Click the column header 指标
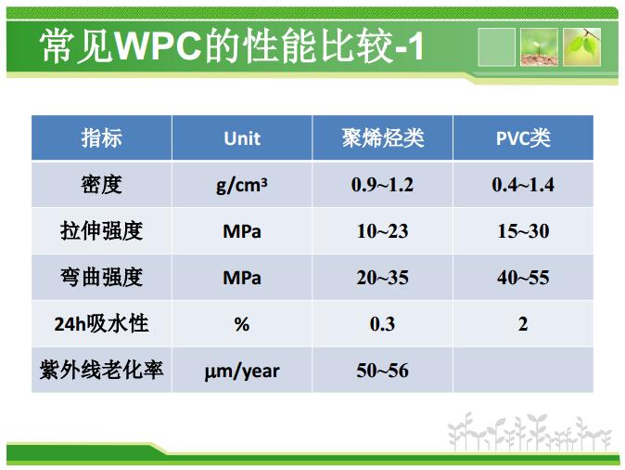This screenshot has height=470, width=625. click(102, 138)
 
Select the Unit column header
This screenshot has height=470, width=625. click(242, 138)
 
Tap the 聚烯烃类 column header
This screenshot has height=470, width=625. click(383, 138)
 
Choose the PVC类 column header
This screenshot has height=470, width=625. click(523, 138)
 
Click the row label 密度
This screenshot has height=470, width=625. click(102, 185)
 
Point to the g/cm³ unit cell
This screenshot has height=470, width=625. click(242, 185)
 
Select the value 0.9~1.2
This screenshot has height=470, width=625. click(382, 185)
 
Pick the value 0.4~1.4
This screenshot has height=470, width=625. click(523, 185)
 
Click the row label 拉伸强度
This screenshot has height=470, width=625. click(102, 230)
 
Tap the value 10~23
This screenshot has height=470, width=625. click(382, 230)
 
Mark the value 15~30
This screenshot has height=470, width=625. click(523, 230)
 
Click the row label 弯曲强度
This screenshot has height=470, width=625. click(102, 277)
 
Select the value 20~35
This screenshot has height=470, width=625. click(382, 278)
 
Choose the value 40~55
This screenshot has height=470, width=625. click(523, 278)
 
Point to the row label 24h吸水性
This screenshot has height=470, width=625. click(102, 323)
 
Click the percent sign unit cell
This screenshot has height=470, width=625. click(242, 324)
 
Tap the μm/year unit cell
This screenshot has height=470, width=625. click(242, 371)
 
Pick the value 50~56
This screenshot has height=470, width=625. click(382, 371)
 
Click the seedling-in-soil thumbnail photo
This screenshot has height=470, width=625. click(539, 47)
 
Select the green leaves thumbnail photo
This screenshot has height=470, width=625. click(581, 47)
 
